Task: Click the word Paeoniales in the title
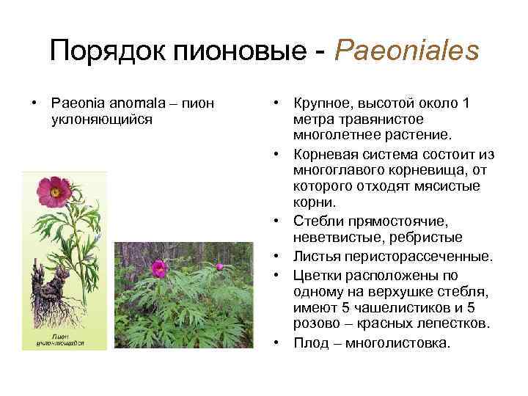click(x=406, y=51)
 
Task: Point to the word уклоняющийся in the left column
click(x=101, y=119)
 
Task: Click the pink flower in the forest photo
click(x=159, y=268)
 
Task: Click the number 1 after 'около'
click(x=466, y=103)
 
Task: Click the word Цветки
click(x=316, y=275)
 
